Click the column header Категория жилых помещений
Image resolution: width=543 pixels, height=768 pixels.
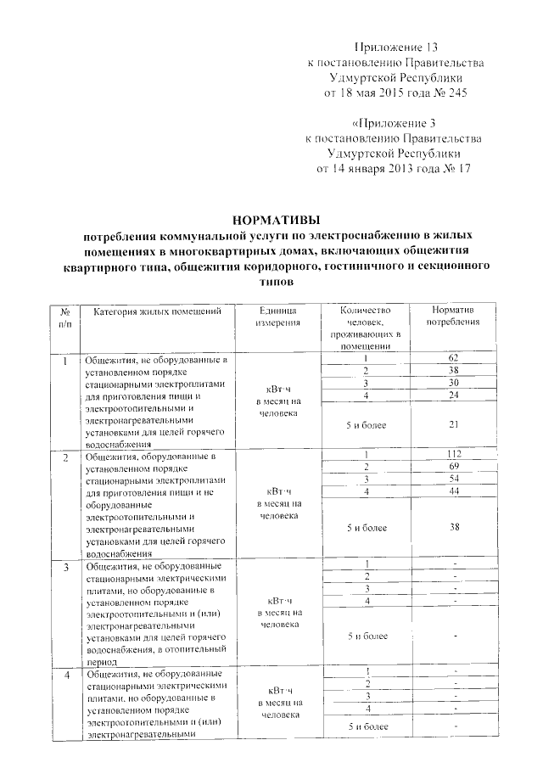[157, 311]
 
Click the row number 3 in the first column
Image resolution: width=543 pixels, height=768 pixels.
[65, 565]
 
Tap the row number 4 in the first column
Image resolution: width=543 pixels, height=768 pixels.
[65, 675]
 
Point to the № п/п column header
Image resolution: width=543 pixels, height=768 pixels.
[65, 317]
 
